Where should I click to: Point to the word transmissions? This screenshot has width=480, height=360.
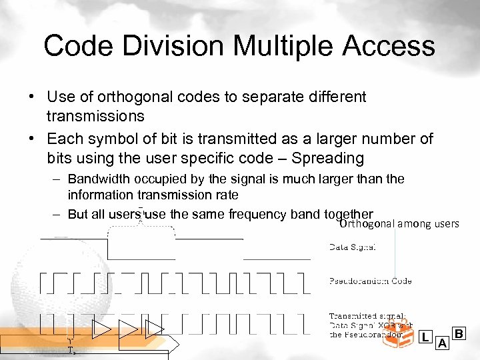tap(95, 117)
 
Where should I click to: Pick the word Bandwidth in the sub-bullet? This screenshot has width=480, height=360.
tap(101, 179)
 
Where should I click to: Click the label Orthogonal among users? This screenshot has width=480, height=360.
tap(399, 223)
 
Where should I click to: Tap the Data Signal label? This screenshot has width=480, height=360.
tap(353, 247)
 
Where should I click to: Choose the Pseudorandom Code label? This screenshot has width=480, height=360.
tap(370, 281)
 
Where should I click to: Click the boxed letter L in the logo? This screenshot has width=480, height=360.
tap(425, 338)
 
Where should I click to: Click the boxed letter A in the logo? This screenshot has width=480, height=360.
tap(441, 343)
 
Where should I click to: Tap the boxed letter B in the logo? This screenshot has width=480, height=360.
tap(459, 333)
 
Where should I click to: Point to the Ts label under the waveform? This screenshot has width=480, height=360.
tap(71, 350)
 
